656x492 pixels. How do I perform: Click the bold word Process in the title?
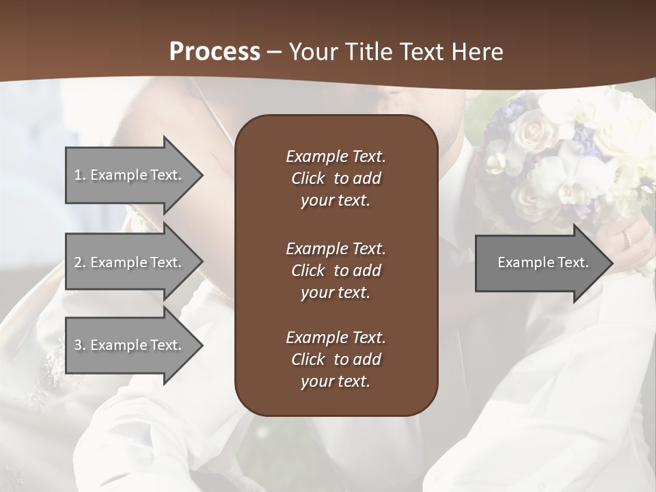(x=215, y=52)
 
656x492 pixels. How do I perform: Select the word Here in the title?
(x=478, y=52)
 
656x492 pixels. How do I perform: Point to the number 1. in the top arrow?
(x=80, y=175)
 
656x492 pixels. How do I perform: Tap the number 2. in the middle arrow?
(x=80, y=262)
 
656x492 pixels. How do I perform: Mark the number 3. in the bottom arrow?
(x=80, y=345)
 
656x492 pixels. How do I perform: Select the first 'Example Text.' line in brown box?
(x=336, y=156)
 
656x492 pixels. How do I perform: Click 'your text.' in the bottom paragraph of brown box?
(x=336, y=381)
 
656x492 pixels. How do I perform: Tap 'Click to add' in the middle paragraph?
(x=336, y=271)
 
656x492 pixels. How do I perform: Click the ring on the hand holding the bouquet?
(x=627, y=239)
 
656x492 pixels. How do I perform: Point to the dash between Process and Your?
(x=275, y=53)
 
